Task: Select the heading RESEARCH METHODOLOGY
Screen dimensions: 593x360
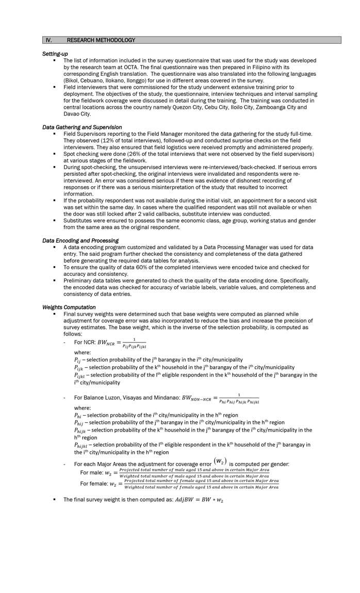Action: point(101,40)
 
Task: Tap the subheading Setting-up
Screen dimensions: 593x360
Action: point(55,54)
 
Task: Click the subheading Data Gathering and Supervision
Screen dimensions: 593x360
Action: point(82,127)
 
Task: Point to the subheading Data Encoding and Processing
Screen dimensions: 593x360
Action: point(80,240)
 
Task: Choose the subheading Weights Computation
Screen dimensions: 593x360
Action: point(69,307)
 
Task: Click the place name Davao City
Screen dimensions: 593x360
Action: point(77,114)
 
